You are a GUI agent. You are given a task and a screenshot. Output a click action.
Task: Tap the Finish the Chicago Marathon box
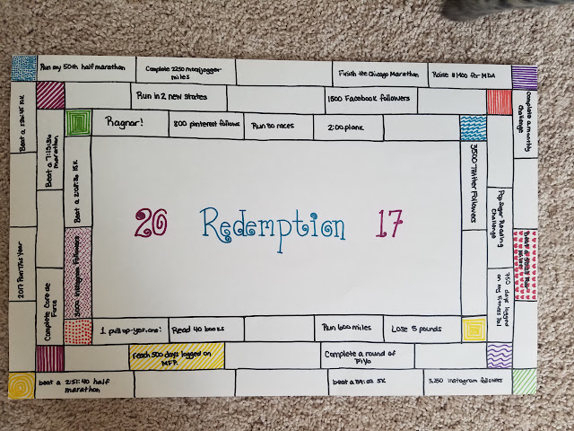378,74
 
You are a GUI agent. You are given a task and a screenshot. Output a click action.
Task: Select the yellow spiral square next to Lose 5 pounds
473,330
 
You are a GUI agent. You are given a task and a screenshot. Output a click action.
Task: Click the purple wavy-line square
500,356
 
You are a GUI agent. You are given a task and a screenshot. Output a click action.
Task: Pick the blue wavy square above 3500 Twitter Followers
473,128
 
